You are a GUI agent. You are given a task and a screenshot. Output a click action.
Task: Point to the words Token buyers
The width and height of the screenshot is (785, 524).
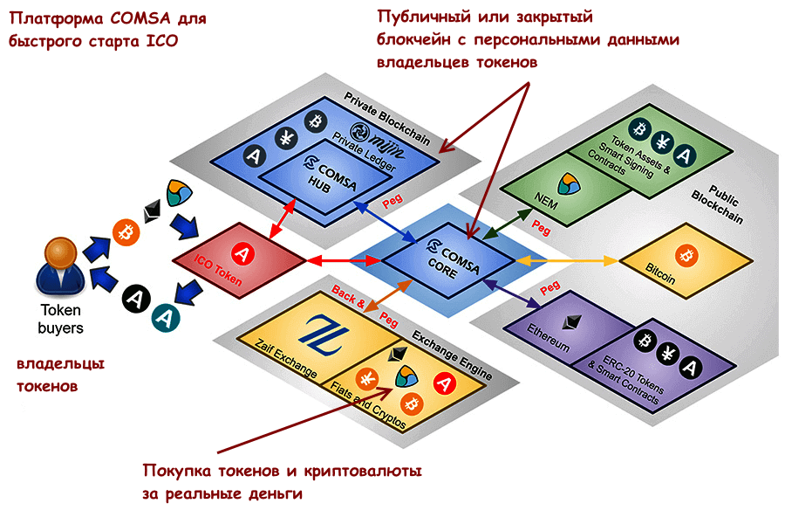click(x=61, y=319)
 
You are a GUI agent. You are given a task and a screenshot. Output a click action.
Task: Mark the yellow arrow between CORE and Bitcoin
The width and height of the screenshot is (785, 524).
click(x=567, y=260)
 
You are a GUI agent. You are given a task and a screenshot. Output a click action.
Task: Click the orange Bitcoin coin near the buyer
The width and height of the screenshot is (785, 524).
click(x=127, y=233)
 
